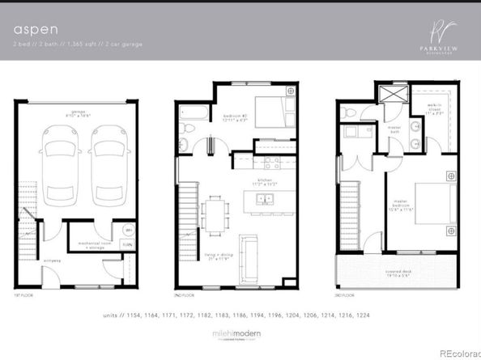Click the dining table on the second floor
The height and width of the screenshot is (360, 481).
coord(216,214)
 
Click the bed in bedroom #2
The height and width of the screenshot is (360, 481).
coord(268,108)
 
